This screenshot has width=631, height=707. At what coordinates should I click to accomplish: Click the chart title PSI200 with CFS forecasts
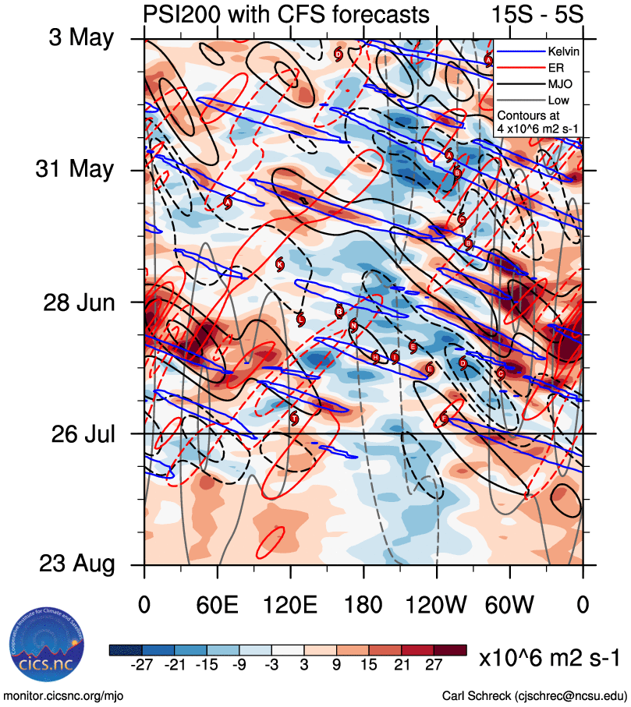coord(286,14)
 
